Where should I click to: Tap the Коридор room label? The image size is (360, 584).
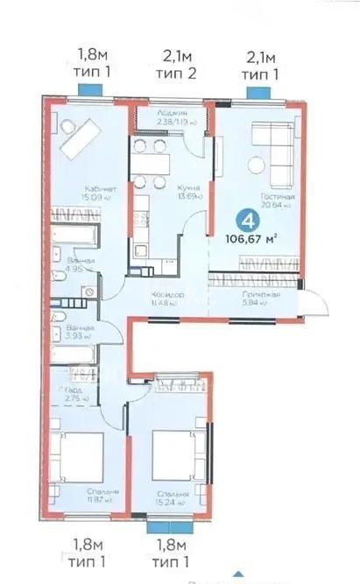[166, 295]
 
